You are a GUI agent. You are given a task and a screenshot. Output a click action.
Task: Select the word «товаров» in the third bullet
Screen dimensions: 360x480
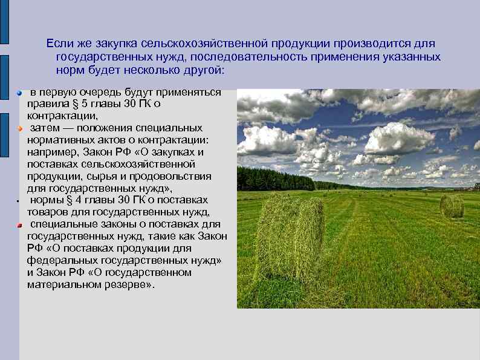(48, 212)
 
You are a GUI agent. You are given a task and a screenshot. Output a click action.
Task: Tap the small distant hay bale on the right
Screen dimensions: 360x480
(452, 206)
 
